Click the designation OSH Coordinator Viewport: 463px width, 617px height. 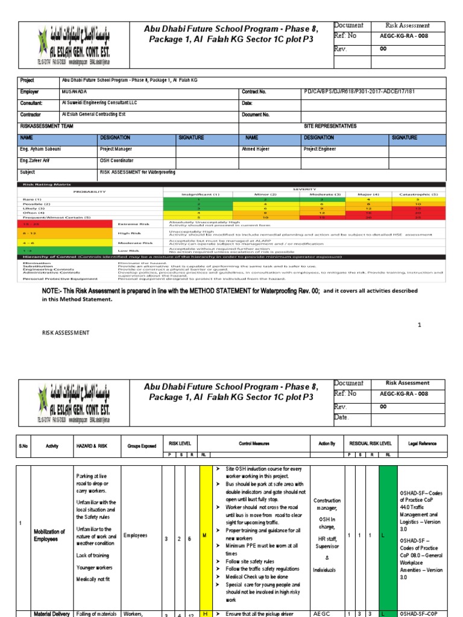click(x=116, y=161)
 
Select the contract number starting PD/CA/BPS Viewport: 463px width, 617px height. click(x=360, y=92)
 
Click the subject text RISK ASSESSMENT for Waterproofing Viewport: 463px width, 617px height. click(x=137, y=172)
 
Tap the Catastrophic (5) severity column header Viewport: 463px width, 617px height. click(x=415, y=194)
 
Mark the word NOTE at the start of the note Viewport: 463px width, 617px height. click(x=51, y=290)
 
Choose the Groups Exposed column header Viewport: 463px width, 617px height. click(x=141, y=445)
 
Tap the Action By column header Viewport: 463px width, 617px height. click(x=327, y=443)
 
